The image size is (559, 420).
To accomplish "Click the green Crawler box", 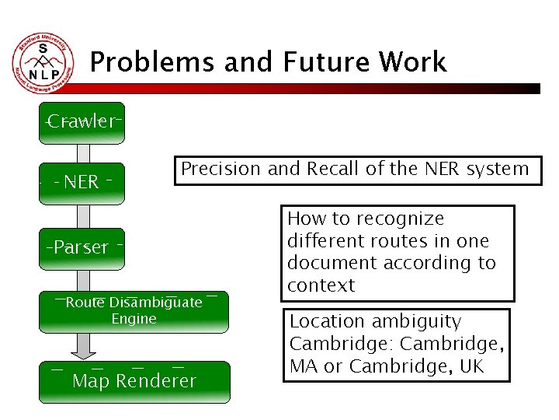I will tap(82, 123).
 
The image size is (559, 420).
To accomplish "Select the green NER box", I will tap(82, 183).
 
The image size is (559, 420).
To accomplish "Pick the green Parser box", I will tap(82, 248).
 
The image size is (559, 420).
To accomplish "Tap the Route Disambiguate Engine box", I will tap(134, 310).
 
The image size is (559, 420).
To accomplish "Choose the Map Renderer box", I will tap(134, 381).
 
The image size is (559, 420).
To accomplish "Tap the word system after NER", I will tap(497, 169).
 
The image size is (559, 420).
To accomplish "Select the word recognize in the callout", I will tap(404, 219).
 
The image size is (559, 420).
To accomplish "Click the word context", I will tap(321, 285).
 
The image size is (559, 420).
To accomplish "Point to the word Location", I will tap(327, 321).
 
